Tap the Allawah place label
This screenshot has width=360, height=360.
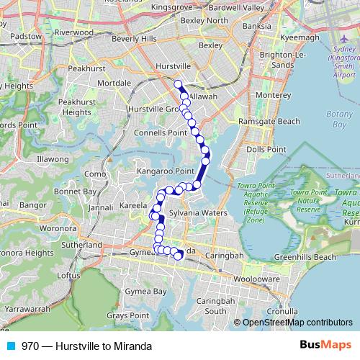[x=203, y=95]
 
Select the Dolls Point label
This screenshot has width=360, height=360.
[x=261, y=149]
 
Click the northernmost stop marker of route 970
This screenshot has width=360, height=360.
[x=179, y=84]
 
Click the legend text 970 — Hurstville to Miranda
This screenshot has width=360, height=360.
[x=86, y=346]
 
